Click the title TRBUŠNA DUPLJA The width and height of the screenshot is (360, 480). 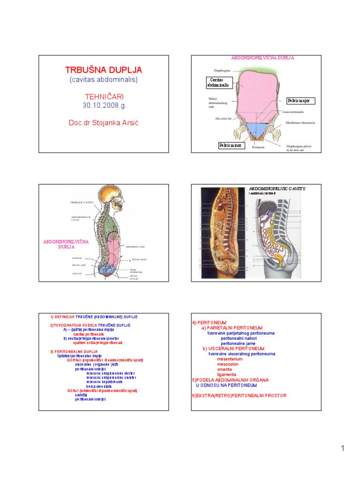(x=103, y=70)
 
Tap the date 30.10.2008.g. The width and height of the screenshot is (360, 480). (x=105, y=105)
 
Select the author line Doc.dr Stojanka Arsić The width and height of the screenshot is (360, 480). (x=103, y=122)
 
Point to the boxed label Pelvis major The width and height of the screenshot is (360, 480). (x=301, y=101)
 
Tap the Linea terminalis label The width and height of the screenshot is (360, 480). (x=293, y=112)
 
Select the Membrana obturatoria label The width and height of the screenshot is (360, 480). (x=300, y=123)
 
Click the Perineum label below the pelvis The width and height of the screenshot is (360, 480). (x=258, y=147)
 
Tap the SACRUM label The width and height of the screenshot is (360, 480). (x=77, y=258)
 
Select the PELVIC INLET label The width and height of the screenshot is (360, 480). (x=140, y=259)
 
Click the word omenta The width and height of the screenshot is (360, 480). (x=225, y=369)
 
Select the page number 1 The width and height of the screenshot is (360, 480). (x=343, y=449)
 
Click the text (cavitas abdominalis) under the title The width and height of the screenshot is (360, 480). (x=103, y=80)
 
